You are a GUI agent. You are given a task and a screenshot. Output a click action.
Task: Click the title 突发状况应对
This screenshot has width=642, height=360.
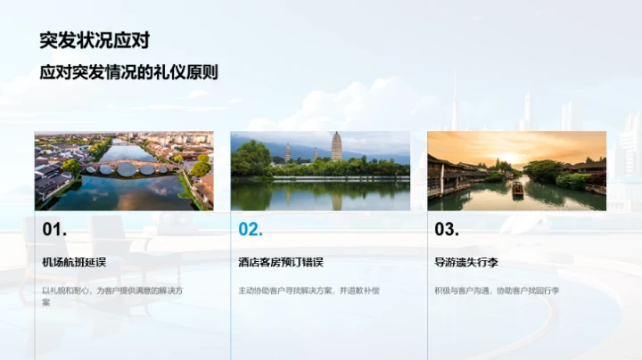95,40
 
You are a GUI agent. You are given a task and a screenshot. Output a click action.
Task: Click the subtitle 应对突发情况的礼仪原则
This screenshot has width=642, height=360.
128,73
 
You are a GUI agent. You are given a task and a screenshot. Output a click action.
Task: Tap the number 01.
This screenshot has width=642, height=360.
54,230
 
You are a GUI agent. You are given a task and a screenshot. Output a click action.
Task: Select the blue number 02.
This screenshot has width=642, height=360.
251,230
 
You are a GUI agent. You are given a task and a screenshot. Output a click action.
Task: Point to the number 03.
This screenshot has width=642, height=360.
447,230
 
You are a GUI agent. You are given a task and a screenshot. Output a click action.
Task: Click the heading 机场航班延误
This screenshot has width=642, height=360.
74,262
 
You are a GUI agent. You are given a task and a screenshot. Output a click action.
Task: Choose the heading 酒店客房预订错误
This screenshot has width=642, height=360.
280,262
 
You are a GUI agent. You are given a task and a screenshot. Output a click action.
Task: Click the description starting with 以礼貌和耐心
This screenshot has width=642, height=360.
112,290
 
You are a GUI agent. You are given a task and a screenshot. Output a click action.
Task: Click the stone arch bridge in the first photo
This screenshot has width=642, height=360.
124,167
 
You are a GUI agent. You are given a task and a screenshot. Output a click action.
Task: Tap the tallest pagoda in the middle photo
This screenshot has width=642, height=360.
336,146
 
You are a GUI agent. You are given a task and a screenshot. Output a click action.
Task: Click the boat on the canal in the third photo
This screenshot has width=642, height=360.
517,189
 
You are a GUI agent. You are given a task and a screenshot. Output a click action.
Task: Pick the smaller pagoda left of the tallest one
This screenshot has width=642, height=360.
287,152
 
